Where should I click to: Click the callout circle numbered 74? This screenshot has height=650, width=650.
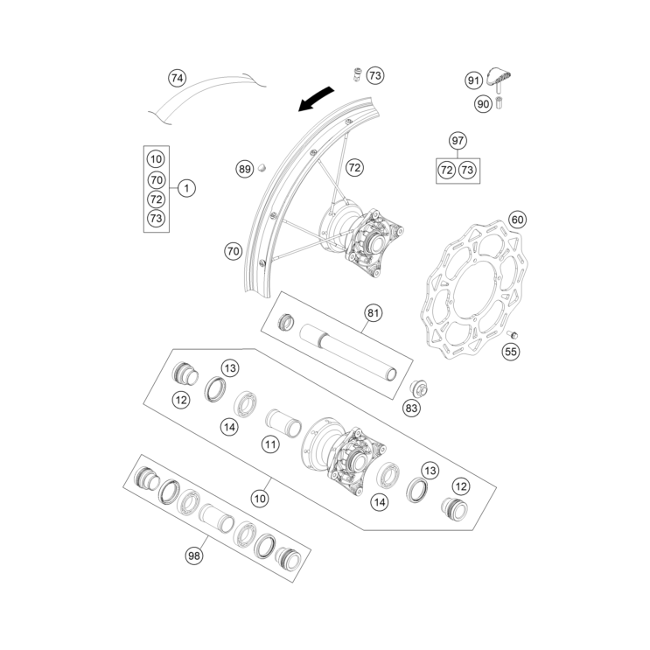178,79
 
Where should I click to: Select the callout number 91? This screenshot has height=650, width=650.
473,81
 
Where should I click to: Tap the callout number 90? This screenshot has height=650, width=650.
484,103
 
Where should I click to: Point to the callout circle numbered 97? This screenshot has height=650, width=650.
458,141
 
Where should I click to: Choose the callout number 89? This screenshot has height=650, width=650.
244,169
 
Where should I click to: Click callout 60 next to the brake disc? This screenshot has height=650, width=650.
517,220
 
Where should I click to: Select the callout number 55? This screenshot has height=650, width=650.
511,352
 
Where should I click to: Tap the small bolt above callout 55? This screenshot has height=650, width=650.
515,333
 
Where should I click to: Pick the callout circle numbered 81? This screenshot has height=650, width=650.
374,313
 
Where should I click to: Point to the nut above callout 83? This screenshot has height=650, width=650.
419,388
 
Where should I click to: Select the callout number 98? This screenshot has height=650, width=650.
193,555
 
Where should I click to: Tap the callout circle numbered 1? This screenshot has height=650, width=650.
188,187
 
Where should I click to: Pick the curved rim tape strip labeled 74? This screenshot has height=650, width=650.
210,94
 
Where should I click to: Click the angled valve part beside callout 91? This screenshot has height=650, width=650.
498,80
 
